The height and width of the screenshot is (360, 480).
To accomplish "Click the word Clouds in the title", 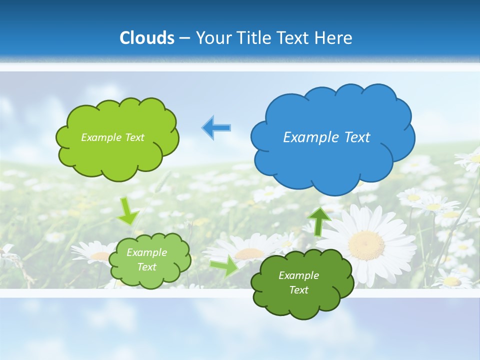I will click(x=147, y=38).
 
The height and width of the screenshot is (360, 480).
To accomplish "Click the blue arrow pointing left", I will click(x=216, y=128).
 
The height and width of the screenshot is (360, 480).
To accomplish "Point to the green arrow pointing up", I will click(x=318, y=220).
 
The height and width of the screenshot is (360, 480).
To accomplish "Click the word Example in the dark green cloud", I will click(x=298, y=275).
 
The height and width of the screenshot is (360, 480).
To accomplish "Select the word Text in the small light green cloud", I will click(x=146, y=267).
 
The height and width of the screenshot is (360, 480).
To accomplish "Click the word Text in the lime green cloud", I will click(x=134, y=137).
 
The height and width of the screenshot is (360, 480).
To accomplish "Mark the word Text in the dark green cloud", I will click(x=298, y=290).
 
